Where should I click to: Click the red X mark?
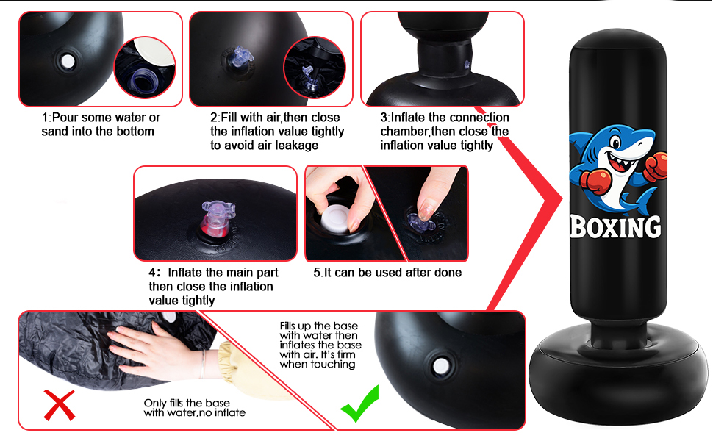point(60,406)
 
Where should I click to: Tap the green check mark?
point(360,405)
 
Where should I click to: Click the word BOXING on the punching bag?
point(616,227)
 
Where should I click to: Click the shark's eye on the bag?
point(616,143)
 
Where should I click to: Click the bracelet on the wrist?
point(203,364)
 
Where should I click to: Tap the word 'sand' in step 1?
point(56,132)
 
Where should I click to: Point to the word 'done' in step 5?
point(448,273)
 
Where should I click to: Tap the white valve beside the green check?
point(440,366)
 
